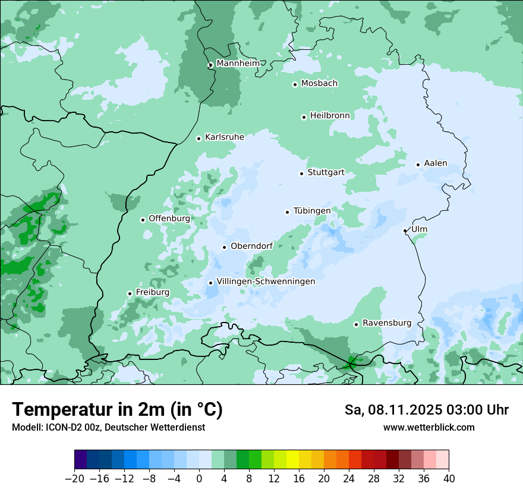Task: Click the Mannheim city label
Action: (x=238, y=63)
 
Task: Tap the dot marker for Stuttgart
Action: (x=301, y=173)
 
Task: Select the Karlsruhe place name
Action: (x=225, y=137)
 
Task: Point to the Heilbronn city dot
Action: (x=304, y=117)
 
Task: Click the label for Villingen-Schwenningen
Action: (x=266, y=282)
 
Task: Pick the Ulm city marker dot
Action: (x=405, y=230)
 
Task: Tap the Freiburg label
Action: (x=152, y=292)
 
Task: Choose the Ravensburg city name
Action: (x=387, y=323)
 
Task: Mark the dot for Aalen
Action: (x=418, y=165)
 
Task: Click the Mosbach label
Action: (x=319, y=83)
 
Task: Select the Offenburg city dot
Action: (x=143, y=220)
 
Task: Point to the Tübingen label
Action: (x=312, y=211)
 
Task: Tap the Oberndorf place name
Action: (x=251, y=246)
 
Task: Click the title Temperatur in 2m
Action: (x=117, y=410)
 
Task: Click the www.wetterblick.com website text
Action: (x=429, y=427)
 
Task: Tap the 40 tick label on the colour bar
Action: (x=449, y=479)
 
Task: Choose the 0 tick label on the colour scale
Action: (x=199, y=479)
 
